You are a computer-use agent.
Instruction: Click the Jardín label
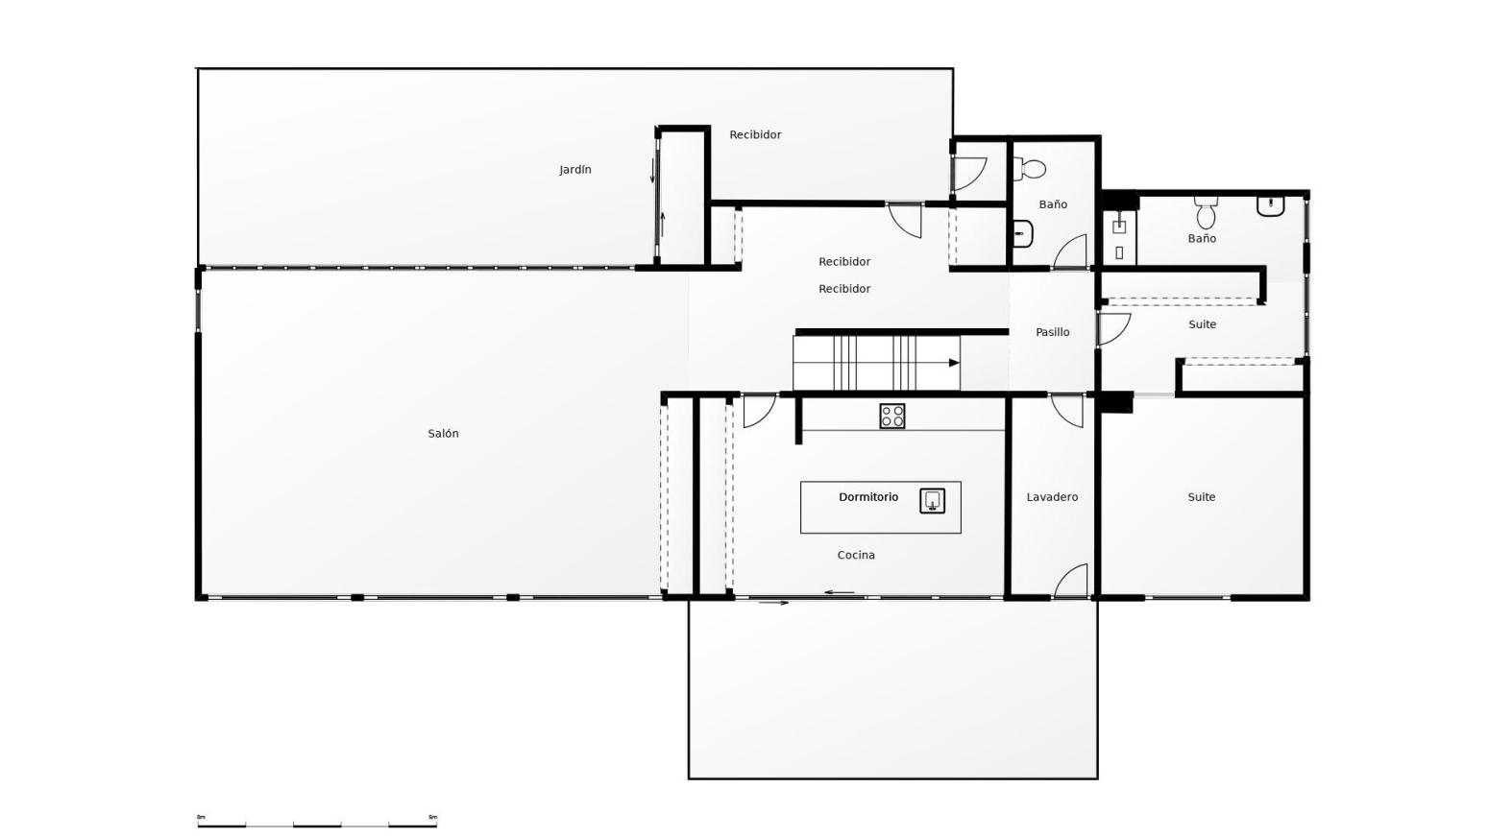point(575,170)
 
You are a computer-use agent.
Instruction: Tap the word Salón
point(444,434)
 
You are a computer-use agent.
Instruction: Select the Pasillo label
point(1053,332)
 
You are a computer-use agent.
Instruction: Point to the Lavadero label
point(1052,496)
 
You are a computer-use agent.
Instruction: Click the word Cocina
point(856,555)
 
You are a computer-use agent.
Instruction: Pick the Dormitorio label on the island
point(868,496)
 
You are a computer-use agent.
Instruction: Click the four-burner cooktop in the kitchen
point(892,417)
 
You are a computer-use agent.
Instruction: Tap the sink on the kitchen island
point(932,501)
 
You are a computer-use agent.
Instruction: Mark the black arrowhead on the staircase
point(955,363)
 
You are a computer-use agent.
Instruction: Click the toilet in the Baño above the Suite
point(1206,212)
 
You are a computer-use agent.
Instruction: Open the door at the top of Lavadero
point(1067,412)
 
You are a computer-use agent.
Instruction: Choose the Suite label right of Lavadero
point(1202,496)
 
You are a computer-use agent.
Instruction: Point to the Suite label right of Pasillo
point(1203,324)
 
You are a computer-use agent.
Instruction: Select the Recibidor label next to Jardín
point(755,134)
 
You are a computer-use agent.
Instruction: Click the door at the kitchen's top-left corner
point(760,412)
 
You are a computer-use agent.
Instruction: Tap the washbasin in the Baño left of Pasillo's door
point(1023,233)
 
